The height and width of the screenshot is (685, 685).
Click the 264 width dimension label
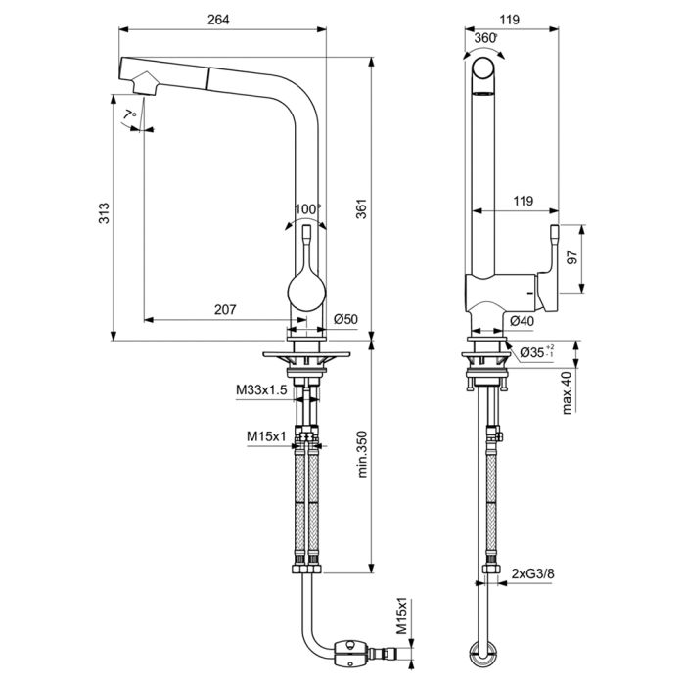click(x=218, y=20)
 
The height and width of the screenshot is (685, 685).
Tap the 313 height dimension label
click(x=104, y=213)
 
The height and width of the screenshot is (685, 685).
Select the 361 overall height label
click(x=362, y=208)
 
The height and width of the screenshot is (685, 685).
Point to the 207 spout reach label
click(x=225, y=309)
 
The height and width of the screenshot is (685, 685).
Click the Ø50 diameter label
click(x=346, y=319)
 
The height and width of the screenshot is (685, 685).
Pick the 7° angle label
click(x=129, y=114)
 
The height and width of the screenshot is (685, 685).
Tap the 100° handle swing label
click(x=307, y=209)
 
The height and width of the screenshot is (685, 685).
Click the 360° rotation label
click(x=485, y=38)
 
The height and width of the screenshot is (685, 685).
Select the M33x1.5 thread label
click(x=261, y=389)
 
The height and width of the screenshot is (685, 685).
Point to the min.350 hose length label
click(x=362, y=454)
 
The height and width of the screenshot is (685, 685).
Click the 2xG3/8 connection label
click(x=533, y=573)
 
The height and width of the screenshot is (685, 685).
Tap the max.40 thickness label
click(x=567, y=392)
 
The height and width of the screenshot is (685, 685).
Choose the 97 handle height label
click(x=571, y=257)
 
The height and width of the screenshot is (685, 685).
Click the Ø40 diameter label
click(x=522, y=321)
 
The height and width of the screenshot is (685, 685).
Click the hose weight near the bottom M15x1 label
click(x=350, y=654)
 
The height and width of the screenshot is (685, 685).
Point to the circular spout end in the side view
click(x=483, y=68)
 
